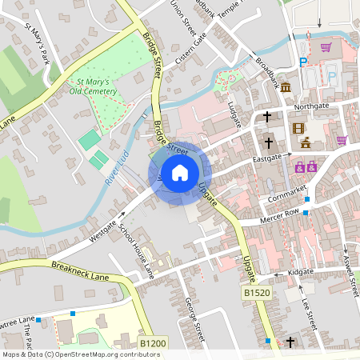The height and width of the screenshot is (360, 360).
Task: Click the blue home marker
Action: click(180, 173)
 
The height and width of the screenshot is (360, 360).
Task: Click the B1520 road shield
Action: click(257, 294)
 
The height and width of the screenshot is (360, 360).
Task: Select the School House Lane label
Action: click(136, 251)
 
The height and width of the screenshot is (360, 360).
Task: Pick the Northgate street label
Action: click(312, 106)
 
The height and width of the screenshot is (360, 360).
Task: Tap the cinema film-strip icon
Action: click(298, 129)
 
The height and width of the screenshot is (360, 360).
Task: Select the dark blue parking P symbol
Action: click(302, 62)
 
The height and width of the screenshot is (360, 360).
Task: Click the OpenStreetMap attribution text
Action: click(70, 354)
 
